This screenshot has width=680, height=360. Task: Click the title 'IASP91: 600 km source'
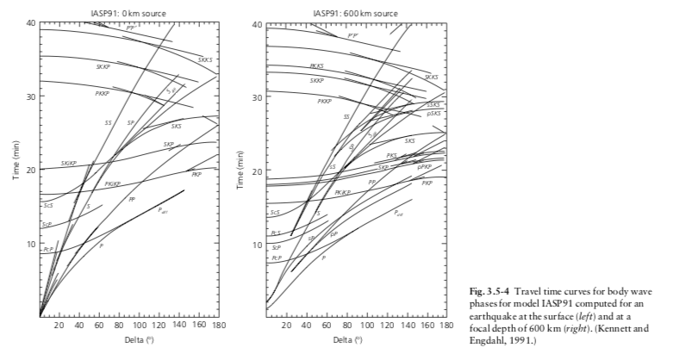click(x=356, y=13)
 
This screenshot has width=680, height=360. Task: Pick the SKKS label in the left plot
click(x=205, y=59)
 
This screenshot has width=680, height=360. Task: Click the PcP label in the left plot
click(x=48, y=249)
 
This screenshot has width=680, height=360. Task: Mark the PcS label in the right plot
click(x=276, y=233)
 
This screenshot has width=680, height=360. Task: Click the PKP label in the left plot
click(x=197, y=174)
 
